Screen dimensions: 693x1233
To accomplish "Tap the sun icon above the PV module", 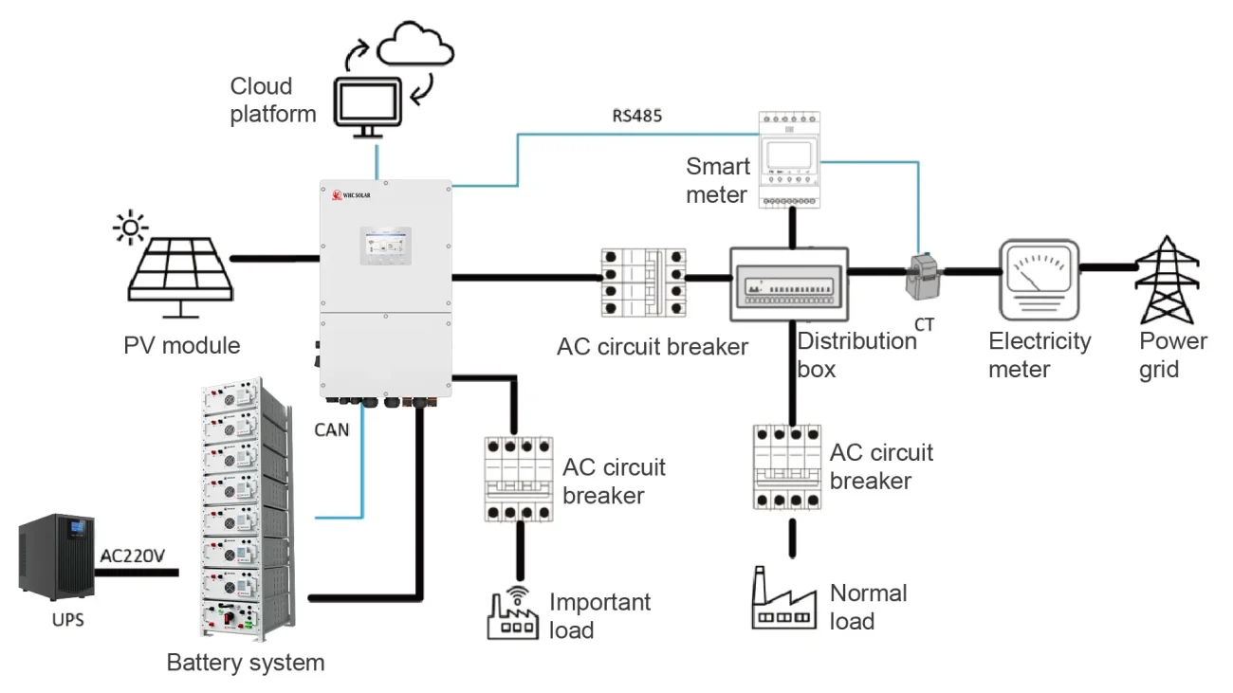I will (x=130, y=227).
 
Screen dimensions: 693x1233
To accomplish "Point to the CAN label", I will (x=332, y=429).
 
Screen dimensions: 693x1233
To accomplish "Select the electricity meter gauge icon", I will (x=1039, y=280).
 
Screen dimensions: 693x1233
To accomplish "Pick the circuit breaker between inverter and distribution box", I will (x=644, y=283).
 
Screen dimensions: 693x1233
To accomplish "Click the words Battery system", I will (x=246, y=663).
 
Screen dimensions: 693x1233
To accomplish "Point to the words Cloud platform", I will (x=273, y=100).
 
